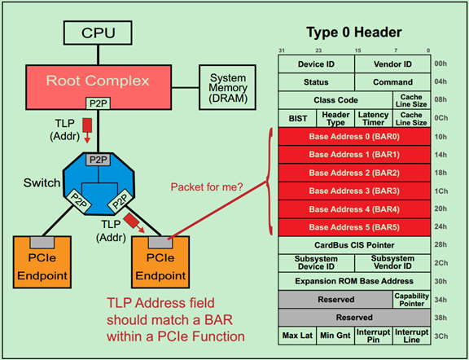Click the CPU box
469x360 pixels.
(98, 34)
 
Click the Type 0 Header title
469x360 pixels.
(356, 33)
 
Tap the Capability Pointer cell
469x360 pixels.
(411, 299)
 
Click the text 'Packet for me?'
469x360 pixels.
(207, 187)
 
